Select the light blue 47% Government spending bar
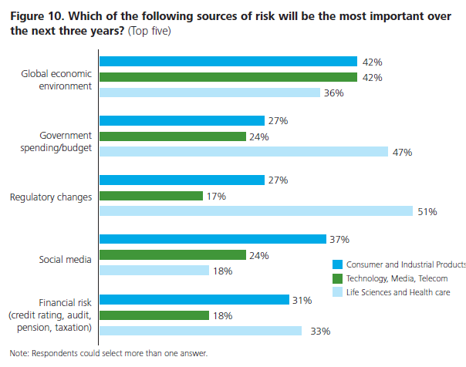(x=244, y=152)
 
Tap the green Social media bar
(x=173, y=255)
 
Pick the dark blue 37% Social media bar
(x=213, y=239)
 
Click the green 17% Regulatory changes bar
(x=151, y=196)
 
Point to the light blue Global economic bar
(x=210, y=93)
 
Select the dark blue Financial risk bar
(x=194, y=299)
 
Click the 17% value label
(x=217, y=197)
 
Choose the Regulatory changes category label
(x=51, y=197)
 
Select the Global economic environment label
(x=56, y=80)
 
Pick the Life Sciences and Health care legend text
(x=396, y=293)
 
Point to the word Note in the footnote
(x=19, y=354)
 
